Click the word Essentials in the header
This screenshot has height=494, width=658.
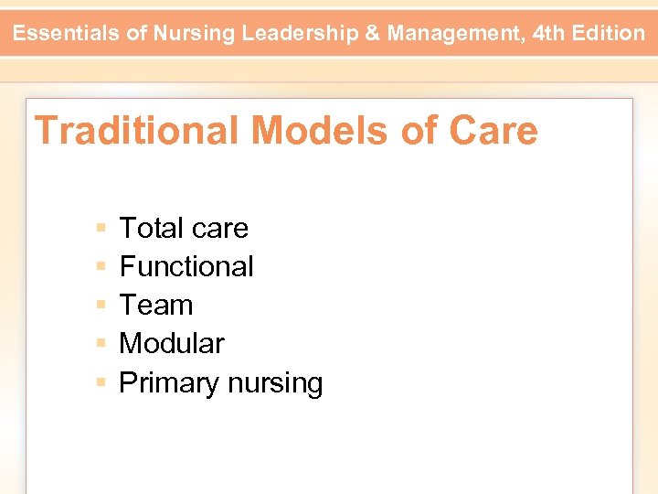click(x=67, y=34)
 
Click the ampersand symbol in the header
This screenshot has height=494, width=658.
click(x=374, y=34)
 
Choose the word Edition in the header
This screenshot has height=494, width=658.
click(x=610, y=34)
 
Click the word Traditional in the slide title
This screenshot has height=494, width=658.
click(x=136, y=131)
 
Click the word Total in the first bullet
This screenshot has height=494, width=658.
click(x=151, y=228)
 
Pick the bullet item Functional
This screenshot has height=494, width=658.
click(x=186, y=266)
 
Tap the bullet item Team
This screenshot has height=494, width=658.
click(x=156, y=305)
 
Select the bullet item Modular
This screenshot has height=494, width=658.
click(x=172, y=343)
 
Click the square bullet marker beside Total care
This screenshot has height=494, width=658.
click(x=100, y=228)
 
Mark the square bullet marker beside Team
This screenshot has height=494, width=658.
click(x=100, y=305)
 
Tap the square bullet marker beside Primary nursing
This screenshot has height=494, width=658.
click(x=100, y=381)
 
